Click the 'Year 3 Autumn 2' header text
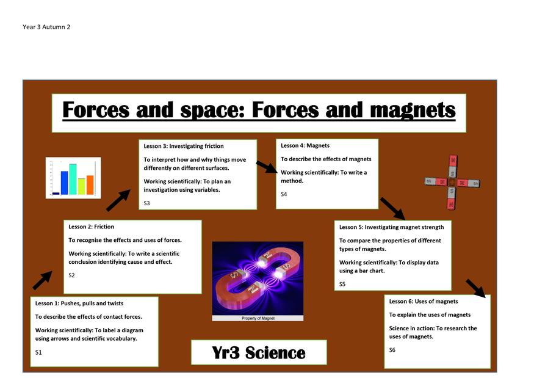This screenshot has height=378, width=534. coord(46,27)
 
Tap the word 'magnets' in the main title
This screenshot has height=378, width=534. coord(413,110)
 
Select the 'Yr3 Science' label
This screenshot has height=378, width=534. coord(259,352)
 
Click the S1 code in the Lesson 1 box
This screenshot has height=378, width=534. coord(38,352)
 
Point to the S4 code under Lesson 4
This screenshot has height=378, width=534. coord(284,194)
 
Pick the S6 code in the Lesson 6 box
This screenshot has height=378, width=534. coord(392,350)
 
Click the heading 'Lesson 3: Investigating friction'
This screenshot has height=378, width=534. coord(184,146)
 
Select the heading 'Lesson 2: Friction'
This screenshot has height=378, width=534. coord(92,227)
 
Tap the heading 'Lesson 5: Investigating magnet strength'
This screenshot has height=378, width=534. coord(392,227)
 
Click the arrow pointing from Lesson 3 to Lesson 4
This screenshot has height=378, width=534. coord(267,167)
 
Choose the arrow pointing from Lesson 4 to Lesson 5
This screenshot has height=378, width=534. coord(392,209)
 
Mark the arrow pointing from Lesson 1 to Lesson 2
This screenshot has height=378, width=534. coord(43,280)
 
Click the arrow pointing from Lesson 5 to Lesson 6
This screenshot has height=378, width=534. coord(476,288)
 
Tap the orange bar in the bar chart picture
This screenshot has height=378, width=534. coord(90,185)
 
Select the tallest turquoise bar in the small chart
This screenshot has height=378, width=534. coord(73,180)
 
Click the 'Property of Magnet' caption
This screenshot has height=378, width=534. coord(258,318)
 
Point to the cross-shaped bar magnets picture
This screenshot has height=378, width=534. coord(452,183)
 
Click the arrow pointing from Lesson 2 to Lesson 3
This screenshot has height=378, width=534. coord(118,200)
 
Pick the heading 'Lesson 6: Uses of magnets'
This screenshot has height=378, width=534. coord(424,302)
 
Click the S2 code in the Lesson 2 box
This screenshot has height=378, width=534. coord(71,275)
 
